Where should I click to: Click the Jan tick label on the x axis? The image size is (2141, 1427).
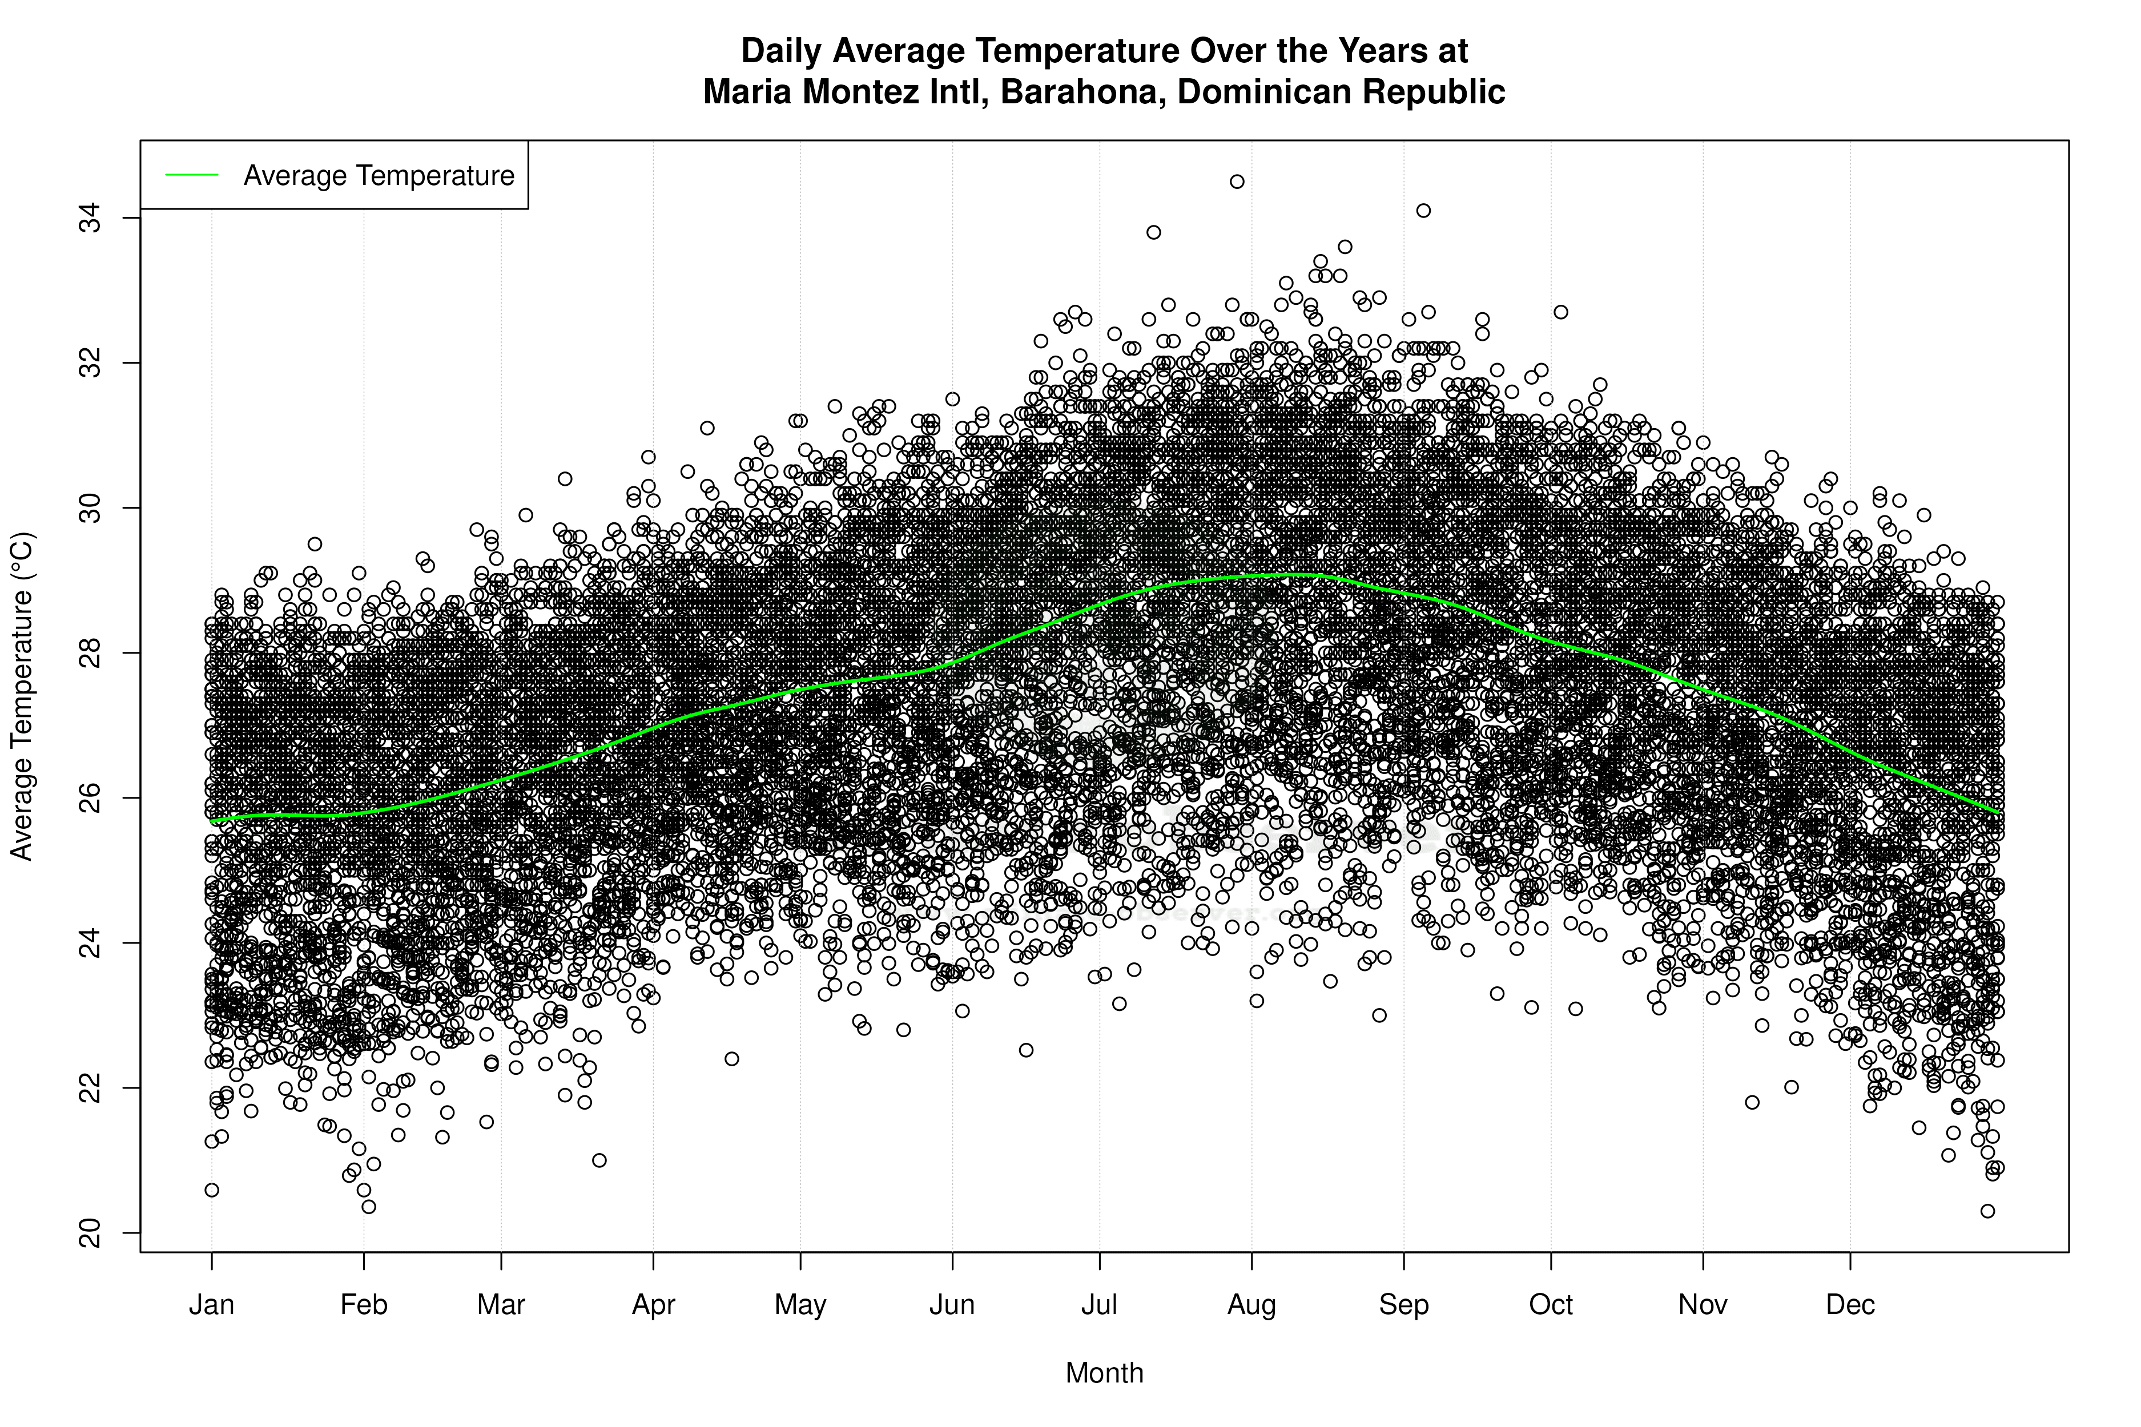(x=211, y=1305)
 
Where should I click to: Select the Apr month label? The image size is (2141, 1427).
(x=654, y=1305)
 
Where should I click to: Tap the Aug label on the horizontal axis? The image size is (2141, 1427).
(x=1251, y=1305)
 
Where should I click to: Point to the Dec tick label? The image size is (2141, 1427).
(x=1850, y=1305)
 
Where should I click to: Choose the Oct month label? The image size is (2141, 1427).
(x=1551, y=1305)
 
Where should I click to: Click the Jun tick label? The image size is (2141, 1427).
(x=952, y=1305)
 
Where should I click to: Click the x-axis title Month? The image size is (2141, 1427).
(x=1104, y=1373)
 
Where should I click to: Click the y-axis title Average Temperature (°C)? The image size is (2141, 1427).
(x=22, y=696)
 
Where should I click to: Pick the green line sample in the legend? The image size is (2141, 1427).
(x=192, y=175)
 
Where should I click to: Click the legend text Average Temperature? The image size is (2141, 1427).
(x=379, y=176)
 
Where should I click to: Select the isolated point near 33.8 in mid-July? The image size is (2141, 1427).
(x=1153, y=232)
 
